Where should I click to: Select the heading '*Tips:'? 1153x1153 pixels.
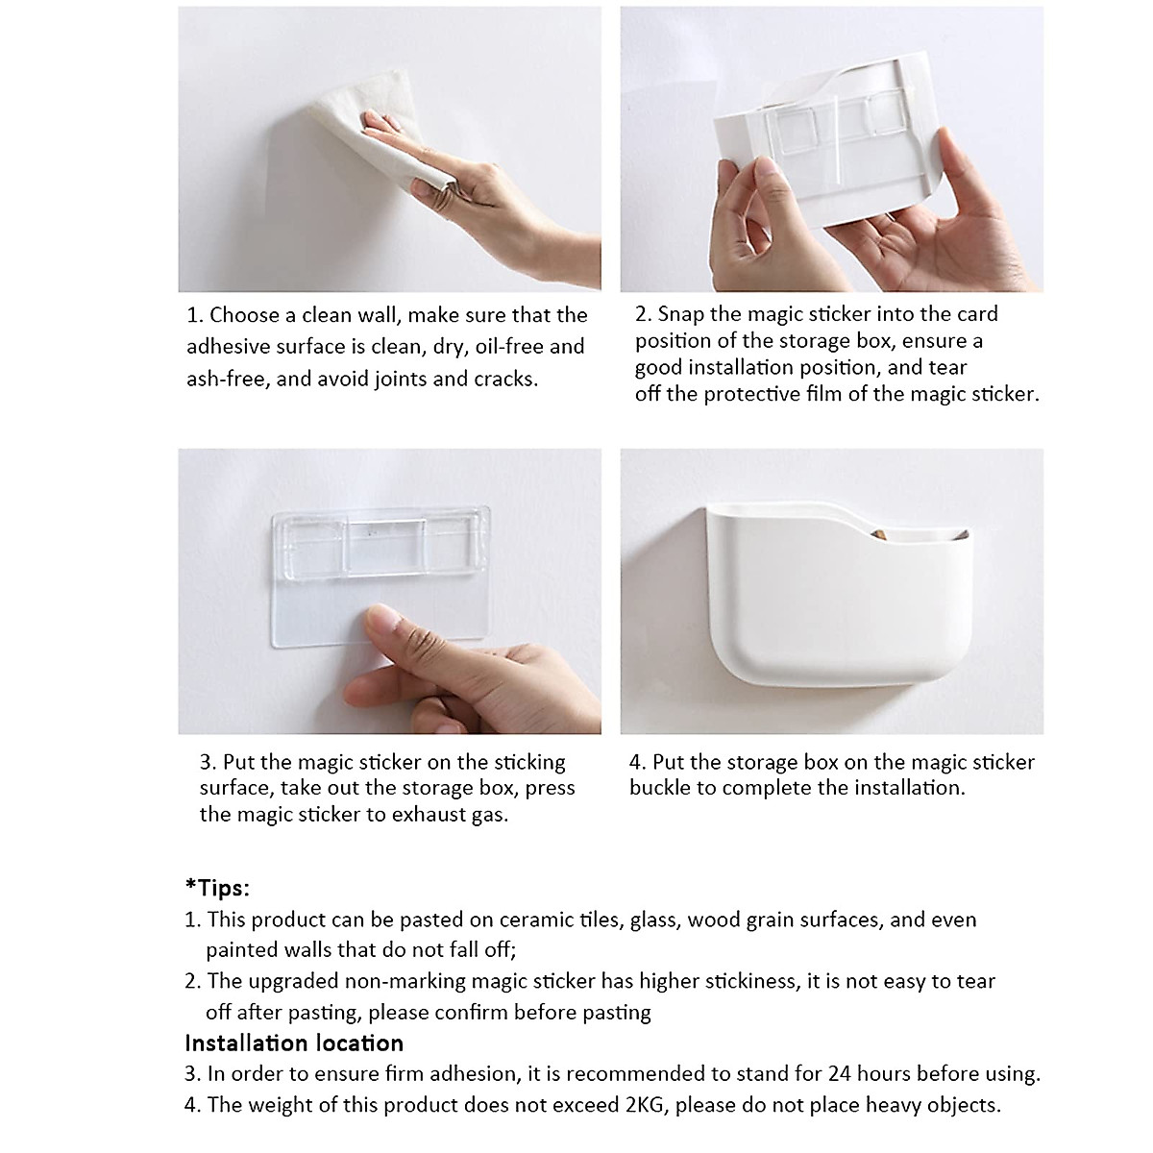tap(217, 887)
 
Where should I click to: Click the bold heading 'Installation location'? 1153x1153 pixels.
tap(294, 1043)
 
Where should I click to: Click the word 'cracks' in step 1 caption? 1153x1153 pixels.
tap(505, 379)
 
